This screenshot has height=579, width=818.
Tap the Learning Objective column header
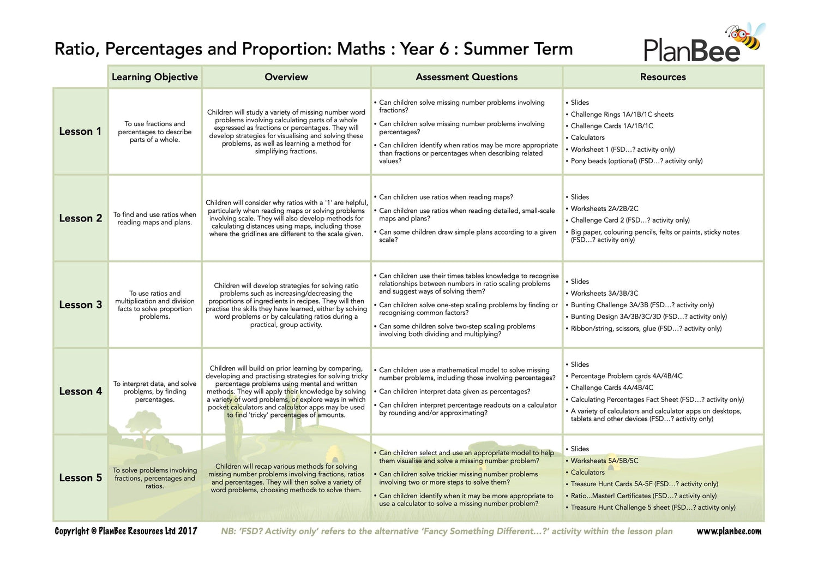pyautogui.click(x=155, y=77)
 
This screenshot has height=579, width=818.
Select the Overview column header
pyautogui.click(x=286, y=77)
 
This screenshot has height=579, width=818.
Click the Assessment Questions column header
pyautogui.click(x=467, y=77)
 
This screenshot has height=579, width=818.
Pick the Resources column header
pyautogui.click(x=663, y=77)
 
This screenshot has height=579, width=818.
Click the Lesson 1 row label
pyautogui.click(x=80, y=132)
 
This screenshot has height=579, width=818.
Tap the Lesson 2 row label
pyautogui.click(x=80, y=218)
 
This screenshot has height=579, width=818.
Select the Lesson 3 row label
pyautogui.click(x=80, y=305)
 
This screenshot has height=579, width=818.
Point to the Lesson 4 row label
pyautogui.click(x=80, y=391)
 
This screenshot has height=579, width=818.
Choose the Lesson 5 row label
pyautogui.click(x=80, y=477)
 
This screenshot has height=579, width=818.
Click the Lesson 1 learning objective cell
pyautogui.click(x=155, y=132)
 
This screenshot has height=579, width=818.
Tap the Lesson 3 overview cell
pyautogui.click(x=286, y=305)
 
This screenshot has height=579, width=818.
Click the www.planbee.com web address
pyautogui.click(x=729, y=532)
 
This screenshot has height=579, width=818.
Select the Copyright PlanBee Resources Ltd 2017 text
pyautogui.click(x=126, y=531)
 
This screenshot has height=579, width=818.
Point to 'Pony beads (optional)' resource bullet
pyautogui.click(x=636, y=161)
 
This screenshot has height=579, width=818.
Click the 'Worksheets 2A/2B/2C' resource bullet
pyautogui.click(x=604, y=208)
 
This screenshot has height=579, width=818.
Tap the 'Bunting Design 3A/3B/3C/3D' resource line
pyautogui.click(x=648, y=317)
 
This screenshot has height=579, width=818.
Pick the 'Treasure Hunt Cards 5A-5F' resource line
pyautogui.click(x=644, y=484)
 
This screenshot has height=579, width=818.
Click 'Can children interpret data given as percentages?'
pyautogui.click(x=454, y=391)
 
